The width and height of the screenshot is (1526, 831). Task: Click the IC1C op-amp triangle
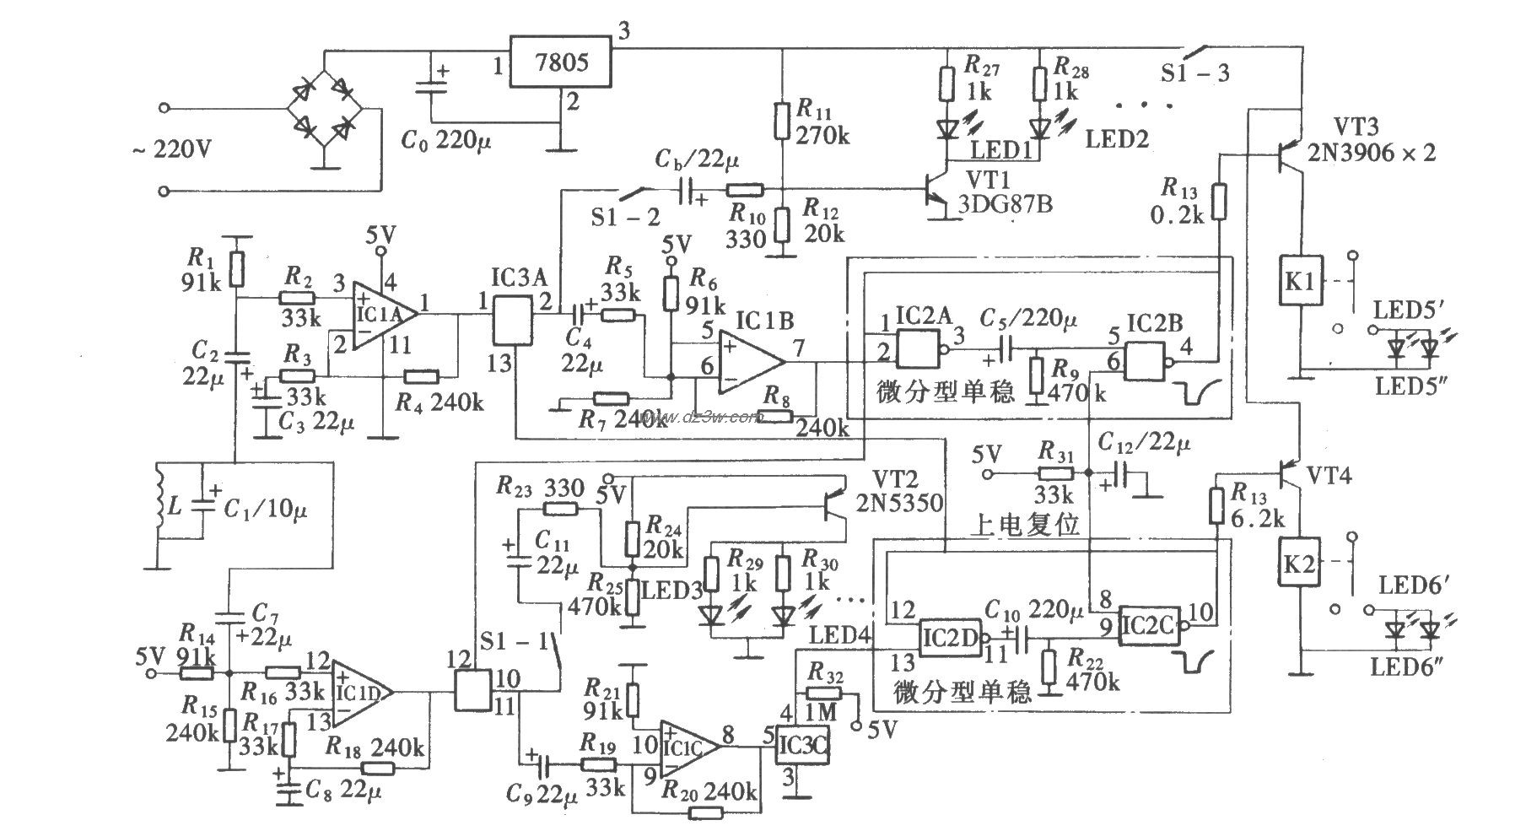(x=687, y=747)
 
